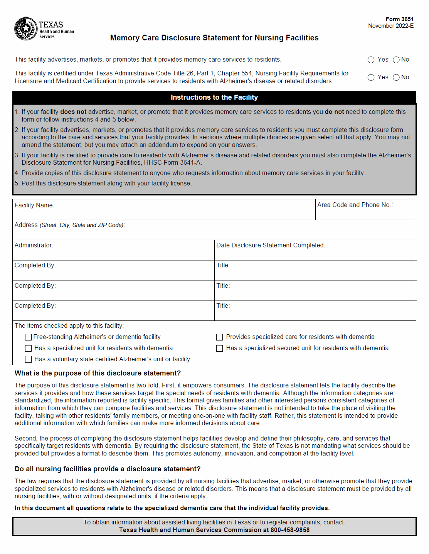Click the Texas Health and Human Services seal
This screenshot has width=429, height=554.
26,29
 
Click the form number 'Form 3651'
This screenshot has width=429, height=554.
399,19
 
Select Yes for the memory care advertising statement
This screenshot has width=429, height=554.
371,60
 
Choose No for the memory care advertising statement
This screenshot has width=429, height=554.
396,60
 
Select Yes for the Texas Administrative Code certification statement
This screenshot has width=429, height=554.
371,77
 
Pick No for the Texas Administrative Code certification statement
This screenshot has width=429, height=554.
396,77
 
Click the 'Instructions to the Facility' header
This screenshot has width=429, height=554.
214,97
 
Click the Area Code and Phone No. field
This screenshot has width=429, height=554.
365,213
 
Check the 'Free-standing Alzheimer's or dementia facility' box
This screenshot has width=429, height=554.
28,337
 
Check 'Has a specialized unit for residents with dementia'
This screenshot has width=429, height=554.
28,348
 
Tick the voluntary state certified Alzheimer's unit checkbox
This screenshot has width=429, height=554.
28,359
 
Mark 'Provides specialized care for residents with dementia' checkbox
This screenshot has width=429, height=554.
220,337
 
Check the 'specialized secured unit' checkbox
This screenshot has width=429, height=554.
220,348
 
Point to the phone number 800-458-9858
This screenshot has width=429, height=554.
290,530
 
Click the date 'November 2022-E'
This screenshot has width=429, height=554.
390,26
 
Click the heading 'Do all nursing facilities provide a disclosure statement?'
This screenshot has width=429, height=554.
108,469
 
